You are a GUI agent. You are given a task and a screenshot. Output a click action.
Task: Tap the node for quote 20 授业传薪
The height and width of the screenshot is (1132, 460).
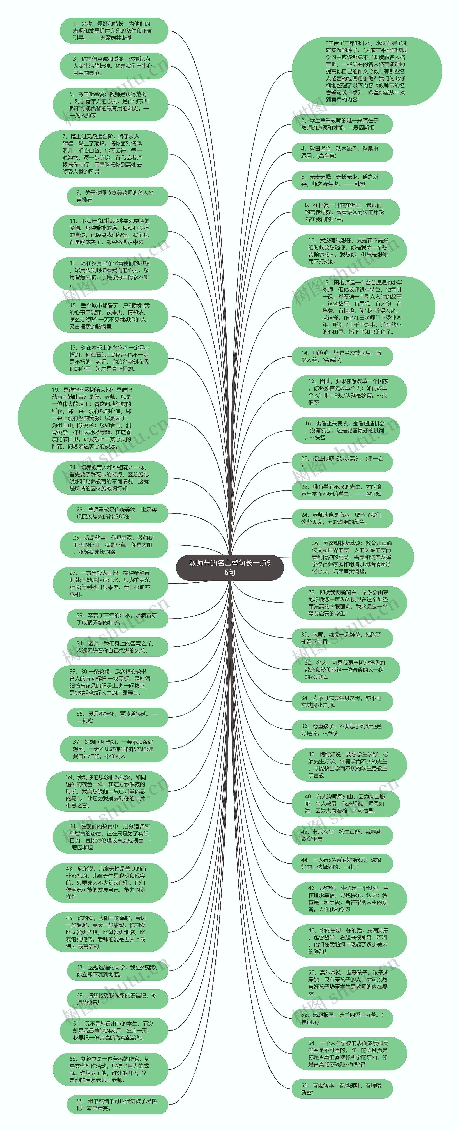tap(342, 462)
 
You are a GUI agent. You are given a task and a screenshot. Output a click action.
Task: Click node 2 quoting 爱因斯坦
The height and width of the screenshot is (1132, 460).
tap(342, 124)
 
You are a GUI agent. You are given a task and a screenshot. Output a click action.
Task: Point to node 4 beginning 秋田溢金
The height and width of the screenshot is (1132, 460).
tap(342, 152)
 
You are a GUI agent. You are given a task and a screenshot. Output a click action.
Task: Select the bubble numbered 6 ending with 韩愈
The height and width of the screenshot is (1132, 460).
tap(342, 180)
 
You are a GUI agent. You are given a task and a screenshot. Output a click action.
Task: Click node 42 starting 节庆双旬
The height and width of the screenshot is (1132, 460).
tap(342, 835)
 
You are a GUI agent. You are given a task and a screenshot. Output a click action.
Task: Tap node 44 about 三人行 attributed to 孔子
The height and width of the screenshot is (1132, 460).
tap(342, 863)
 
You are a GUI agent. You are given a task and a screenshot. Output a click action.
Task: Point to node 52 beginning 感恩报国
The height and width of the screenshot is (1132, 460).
tap(342, 1018)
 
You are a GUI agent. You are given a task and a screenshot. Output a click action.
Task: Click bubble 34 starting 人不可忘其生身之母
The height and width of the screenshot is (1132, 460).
tap(342, 701)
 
